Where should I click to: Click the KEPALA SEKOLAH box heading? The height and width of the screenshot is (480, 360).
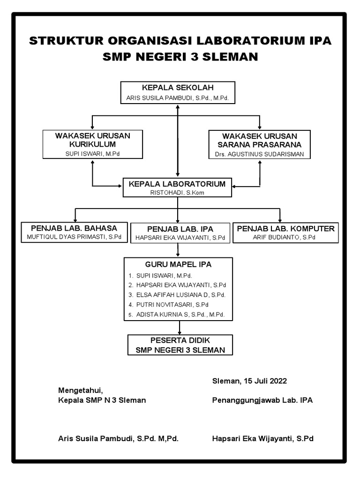tap(178, 88)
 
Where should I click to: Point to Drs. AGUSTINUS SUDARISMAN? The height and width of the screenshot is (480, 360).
tap(259, 154)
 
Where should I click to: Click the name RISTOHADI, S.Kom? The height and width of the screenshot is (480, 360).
tap(177, 192)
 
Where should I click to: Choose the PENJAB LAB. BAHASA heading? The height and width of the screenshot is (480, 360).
tap(74, 228)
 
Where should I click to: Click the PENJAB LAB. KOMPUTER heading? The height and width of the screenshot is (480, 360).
tap(286, 228)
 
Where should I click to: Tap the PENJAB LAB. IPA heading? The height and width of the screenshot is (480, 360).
tap(180, 229)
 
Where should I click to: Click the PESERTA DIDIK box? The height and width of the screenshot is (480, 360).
tap(180, 345)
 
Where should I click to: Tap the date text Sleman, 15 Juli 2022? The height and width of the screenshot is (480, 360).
tap(249, 381)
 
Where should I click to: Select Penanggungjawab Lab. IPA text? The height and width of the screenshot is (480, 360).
tap(262, 400)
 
